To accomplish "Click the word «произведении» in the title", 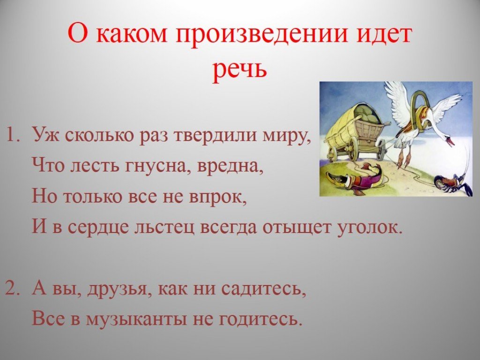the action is tap(262, 35).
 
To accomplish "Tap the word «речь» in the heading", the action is tap(240, 69).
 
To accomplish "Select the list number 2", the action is tap(13, 288).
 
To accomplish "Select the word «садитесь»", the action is tap(263, 289).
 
